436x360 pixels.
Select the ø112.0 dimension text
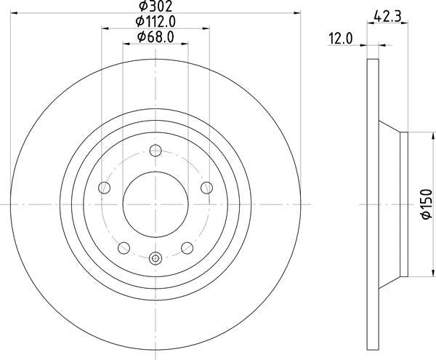(156, 22)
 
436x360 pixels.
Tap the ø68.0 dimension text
(156, 37)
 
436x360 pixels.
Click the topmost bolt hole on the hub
(156, 151)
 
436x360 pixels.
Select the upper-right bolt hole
(206, 188)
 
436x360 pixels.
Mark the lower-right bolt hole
(187, 246)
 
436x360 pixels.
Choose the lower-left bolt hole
(124, 246)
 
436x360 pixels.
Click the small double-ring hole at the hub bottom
(156, 257)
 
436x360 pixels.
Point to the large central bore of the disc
(156, 204)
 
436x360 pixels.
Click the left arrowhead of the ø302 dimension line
(15, 13)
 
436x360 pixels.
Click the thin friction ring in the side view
(373, 204)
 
